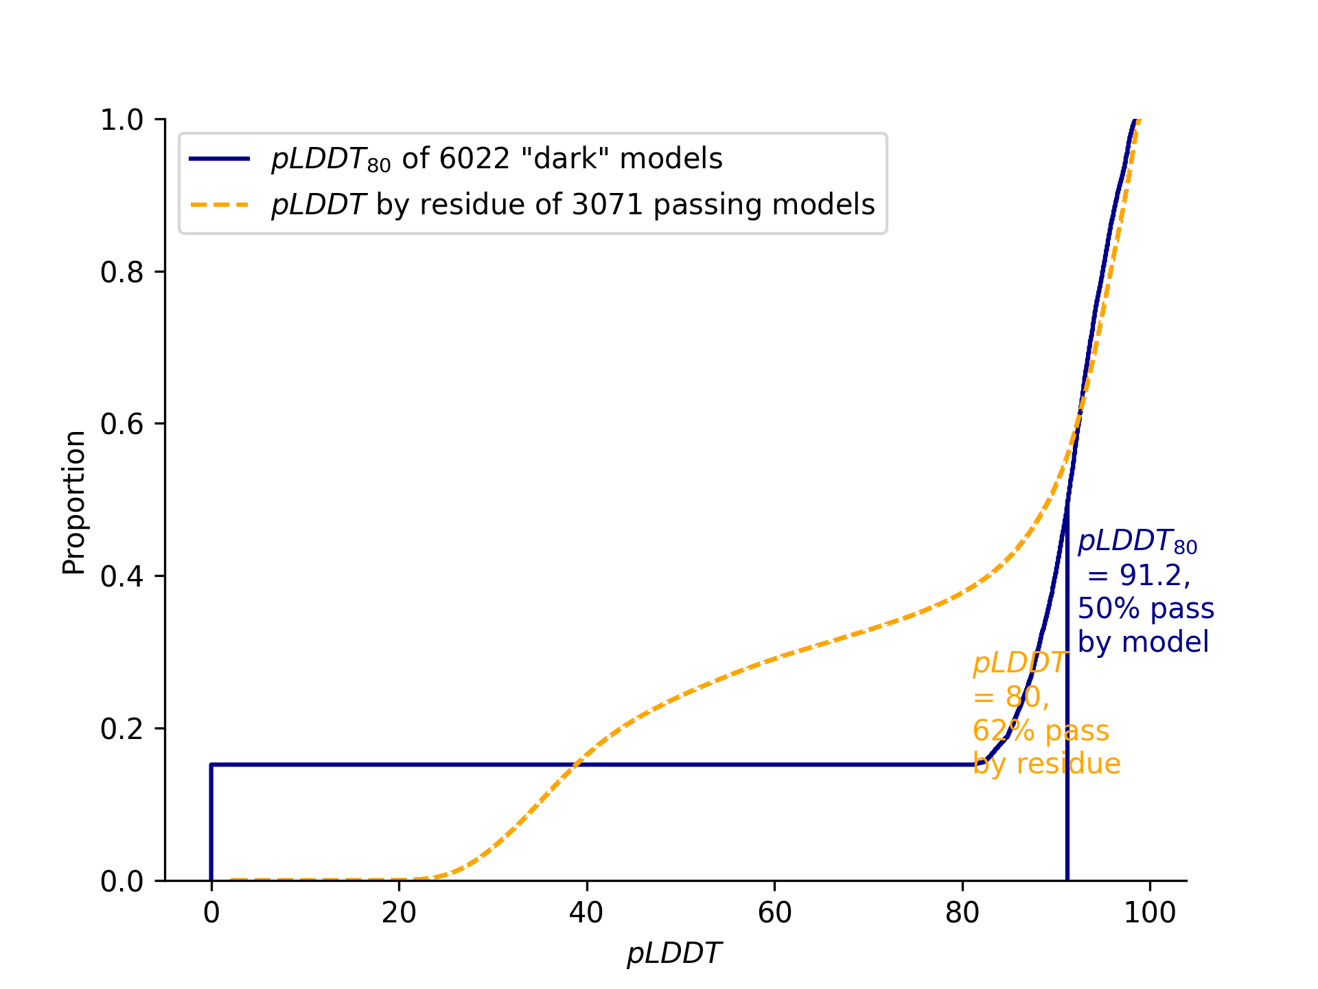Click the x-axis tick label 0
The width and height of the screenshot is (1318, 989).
click(x=211, y=913)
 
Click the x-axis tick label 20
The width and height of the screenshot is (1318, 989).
click(x=399, y=913)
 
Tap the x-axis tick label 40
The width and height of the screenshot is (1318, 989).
click(x=586, y=913)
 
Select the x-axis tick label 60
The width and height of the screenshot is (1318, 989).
click(x=774, y=913)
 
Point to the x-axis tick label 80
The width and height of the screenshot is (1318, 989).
click(x=962, y=913)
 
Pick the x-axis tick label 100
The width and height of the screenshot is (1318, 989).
click(x=1150, y=913)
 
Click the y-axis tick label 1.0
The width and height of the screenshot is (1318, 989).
click(x=122, y=120)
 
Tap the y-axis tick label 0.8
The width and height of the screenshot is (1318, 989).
click(x=122, y=273)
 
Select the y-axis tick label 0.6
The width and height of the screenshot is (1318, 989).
click(x=122, y=424)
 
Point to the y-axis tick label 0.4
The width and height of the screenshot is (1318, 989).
click(x=122, y=576)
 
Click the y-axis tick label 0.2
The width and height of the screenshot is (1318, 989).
click(x=122, y=729)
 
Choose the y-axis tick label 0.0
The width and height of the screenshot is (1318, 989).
click(x=122, y=881)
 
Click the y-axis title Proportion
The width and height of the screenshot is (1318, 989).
click(x=73, y=502)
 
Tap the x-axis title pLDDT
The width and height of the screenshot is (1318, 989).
click(x=673, y=954)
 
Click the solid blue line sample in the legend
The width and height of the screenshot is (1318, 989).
click(x=220, y=159)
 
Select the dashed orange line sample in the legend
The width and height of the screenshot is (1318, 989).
click(x=220, y=205)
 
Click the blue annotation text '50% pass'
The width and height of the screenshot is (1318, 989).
click(x=1146, y=609)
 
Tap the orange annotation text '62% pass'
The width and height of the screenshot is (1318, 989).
click(x=1041, y=730)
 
